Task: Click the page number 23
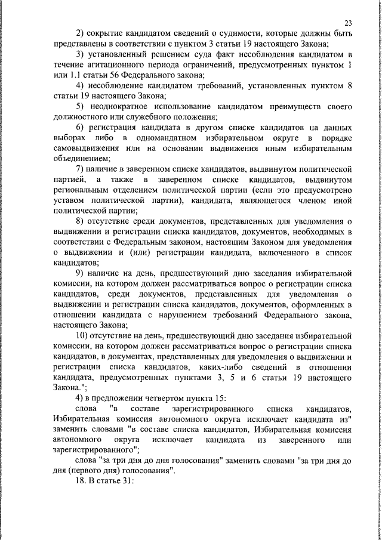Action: (x=348, y=23)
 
